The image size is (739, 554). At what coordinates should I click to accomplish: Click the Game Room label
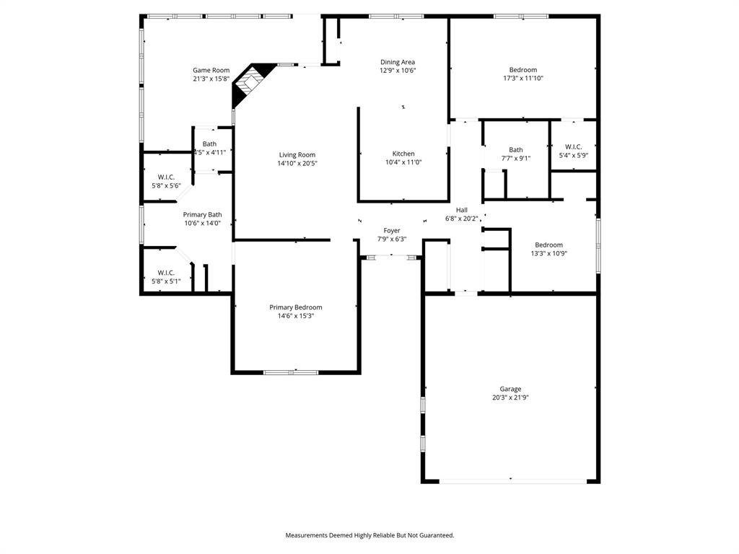[x=211, y=70]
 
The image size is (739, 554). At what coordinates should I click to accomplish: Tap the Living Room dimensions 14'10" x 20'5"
[x=298, y=163]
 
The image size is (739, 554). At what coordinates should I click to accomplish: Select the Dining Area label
[x=398, y=62]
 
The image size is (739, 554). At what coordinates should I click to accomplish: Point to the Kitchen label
[x=403, y=154]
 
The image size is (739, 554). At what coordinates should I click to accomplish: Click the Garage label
[x=511, y=389]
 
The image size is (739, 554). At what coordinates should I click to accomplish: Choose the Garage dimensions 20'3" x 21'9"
[x=511, y=397]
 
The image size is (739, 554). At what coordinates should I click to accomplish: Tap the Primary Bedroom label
[x=296, y=307]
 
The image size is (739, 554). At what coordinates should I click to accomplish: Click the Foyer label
[x=392, y=231]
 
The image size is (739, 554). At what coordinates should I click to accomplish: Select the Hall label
[x=462, y=210]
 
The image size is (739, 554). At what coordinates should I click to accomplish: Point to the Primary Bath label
[x=202, y=214]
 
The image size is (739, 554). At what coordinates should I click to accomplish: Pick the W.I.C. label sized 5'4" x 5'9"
[x=574, y=146]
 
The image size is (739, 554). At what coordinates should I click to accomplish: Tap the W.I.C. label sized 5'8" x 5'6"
[x=166, y=177]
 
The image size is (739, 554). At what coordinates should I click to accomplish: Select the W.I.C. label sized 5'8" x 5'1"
[x=166, y=272]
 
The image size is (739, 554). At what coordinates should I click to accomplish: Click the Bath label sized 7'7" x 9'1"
[x=516, y=150]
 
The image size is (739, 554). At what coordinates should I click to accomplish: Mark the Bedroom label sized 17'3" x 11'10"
[x=523, y=70]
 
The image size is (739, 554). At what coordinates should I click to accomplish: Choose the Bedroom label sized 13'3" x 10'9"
[x=548, y=245]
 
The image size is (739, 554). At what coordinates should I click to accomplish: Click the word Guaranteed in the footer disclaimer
[x=435, y=535]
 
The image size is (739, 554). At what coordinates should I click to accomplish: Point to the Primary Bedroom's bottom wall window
[x=290, y=372]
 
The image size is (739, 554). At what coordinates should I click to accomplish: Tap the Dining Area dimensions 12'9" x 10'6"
[x=398, y=71]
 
